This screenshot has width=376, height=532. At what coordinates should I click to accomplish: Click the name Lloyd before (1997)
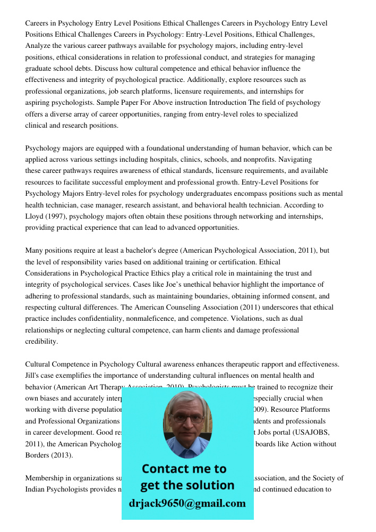pyautogui.click(x=35, y=216)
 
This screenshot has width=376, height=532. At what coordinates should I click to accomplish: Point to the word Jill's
pyautogui.click(x=35, y=376)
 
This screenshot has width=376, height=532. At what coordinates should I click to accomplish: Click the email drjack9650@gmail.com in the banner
pyautogui.click(x=187, y=503)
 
